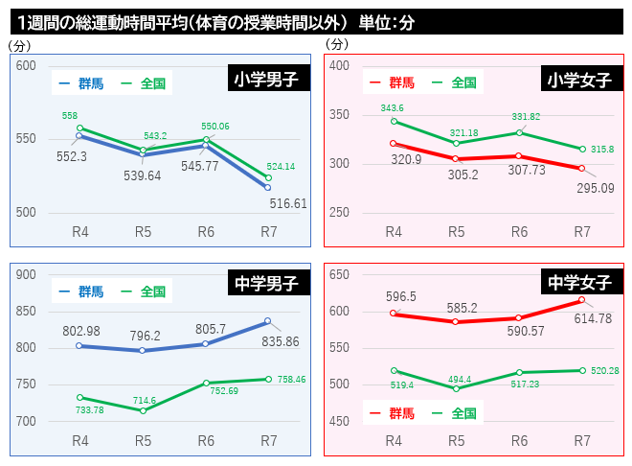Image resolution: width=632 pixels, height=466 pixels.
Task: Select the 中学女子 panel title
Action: pyautogui.click(x=578, y=282)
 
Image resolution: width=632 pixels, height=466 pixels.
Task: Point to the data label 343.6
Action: pyautogui.click(x=393, y=107)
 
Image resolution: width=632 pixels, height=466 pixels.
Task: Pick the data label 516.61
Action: pyautogui.click(x=288, y=203)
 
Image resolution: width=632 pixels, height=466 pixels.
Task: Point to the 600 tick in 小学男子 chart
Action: pyautogui.click(x=26, y=65)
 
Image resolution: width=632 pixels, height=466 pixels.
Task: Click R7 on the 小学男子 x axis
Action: pyautogui.click(x=268, y=231)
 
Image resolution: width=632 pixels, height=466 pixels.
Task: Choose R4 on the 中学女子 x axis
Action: pyautogui.click(x=394, y=440)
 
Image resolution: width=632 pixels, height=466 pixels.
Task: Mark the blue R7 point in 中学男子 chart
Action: pyautogui.click(x=268, y=321)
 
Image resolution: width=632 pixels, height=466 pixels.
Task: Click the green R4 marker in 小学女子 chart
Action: pyautogui.click(x=394, y=121)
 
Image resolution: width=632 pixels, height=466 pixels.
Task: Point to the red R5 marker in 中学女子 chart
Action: pyautogui.click(x=457, y=322)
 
